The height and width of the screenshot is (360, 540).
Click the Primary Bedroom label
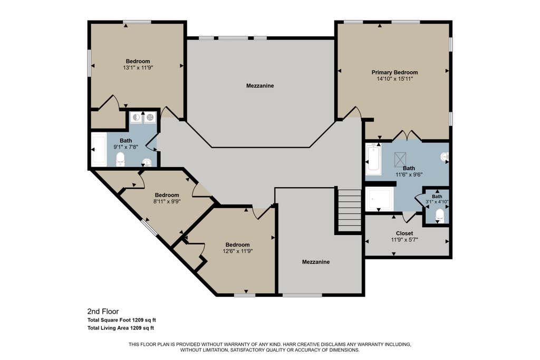(394, 72)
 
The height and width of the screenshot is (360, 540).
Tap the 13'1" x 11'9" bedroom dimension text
(138, 68)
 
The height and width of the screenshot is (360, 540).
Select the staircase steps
(349, 210)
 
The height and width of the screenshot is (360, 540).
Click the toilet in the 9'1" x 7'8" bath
(120, 159)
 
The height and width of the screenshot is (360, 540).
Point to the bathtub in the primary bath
(373, 159)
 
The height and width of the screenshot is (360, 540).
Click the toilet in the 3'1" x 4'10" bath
(440, 216)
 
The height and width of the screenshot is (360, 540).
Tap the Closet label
(404, 233)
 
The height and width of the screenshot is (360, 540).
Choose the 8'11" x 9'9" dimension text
(167, 201)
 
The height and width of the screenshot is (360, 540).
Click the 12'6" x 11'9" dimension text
(238, 251)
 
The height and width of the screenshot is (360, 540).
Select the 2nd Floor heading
(103, 312)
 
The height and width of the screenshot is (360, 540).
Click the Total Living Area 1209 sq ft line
(121, 328)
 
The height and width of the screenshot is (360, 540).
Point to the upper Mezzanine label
(260, 86)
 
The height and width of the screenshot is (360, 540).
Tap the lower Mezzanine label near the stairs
(316, 262)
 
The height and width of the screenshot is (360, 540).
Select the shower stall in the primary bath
(380, 199)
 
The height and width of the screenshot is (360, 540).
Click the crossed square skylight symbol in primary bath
(400, 159)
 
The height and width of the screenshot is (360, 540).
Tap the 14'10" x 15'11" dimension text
(394, 79)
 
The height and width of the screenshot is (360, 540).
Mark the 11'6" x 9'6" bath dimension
(409, 174)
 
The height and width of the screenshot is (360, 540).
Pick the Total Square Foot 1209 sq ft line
(122, 320)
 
